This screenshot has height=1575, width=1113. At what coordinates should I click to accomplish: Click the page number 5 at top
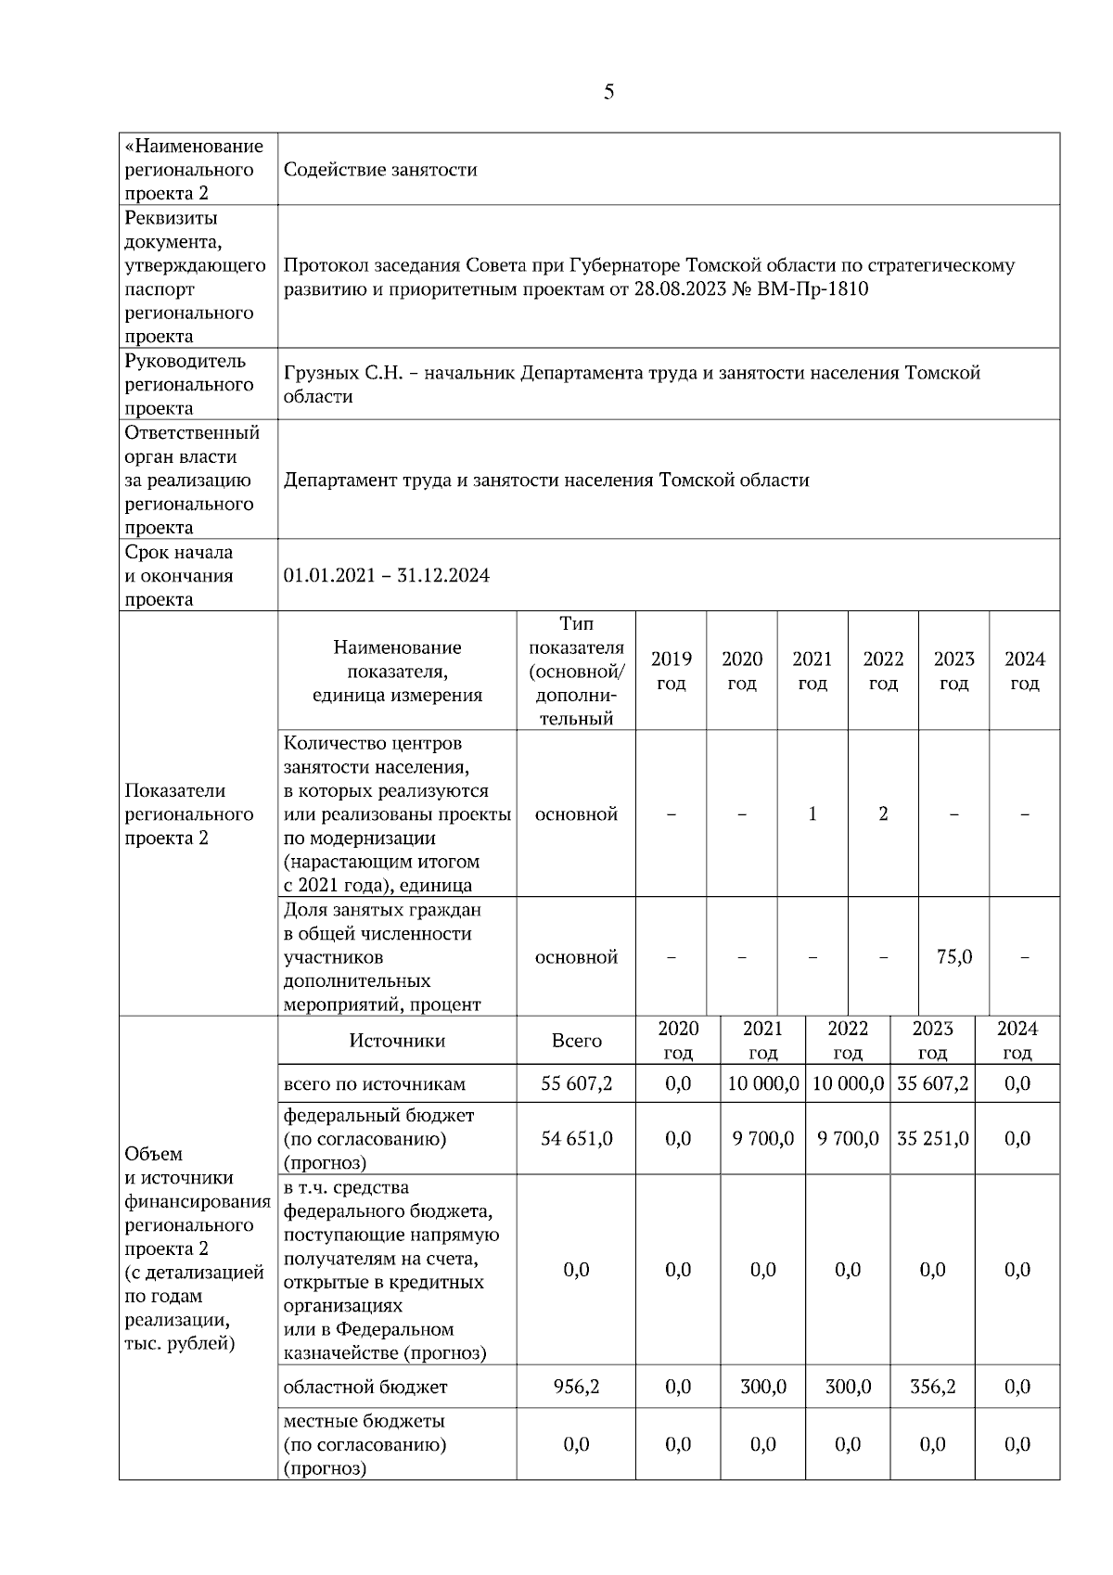pos(608,92)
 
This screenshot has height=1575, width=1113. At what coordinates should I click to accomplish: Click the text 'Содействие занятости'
pos(380,170)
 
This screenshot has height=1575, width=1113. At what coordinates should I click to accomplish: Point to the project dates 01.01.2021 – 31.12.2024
pos(387,575)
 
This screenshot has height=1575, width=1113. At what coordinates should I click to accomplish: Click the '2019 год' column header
pos(671,671)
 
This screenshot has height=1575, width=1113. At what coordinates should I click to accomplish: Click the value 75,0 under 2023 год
pos(953,956)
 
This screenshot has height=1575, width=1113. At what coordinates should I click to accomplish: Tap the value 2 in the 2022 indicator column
pos(883,813)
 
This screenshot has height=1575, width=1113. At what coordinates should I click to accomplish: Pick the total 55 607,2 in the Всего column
pos(576,1083)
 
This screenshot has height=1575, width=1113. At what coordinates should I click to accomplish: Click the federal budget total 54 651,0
pos(576,1138)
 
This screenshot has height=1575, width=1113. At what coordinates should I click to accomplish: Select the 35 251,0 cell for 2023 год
pos(932,1138)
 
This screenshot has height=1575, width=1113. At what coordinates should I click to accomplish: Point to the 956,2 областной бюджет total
pos(576,1387)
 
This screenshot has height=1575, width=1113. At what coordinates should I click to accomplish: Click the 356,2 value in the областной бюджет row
pos(932,1387)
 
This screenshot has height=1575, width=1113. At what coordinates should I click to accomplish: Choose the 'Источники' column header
pos(397,1041)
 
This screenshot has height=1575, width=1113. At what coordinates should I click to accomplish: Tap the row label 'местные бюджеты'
pos(364,1421)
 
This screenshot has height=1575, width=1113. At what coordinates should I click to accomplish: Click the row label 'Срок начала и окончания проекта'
pos(179,575)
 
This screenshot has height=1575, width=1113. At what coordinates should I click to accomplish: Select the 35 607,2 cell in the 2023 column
pos(932,1083)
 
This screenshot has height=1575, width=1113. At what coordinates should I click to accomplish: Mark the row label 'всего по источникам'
pos(375,1083)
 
